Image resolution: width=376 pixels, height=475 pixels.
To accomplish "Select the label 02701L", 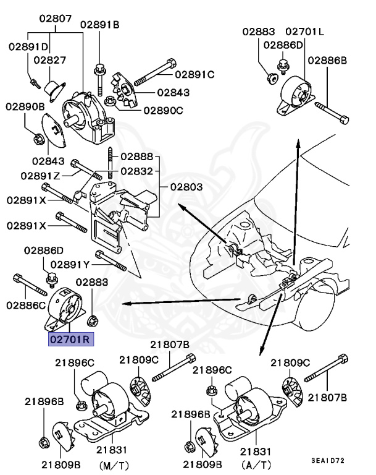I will pos(304,30).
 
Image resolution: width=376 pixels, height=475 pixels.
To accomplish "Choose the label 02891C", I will pos(194,75).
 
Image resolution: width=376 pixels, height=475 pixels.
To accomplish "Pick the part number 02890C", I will pos(163,111).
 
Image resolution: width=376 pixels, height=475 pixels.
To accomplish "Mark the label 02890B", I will pos(26,107).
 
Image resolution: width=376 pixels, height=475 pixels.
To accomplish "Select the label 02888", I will pos(136,157).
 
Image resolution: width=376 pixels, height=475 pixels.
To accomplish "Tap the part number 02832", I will pos(136,171).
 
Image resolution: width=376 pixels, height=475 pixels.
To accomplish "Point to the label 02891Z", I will pos(40,175).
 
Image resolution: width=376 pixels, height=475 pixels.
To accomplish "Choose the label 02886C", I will pos(26,305).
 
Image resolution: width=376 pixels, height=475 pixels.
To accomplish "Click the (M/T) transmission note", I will pos(112,463).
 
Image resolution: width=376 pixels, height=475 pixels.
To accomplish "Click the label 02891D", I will pos(29,46).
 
